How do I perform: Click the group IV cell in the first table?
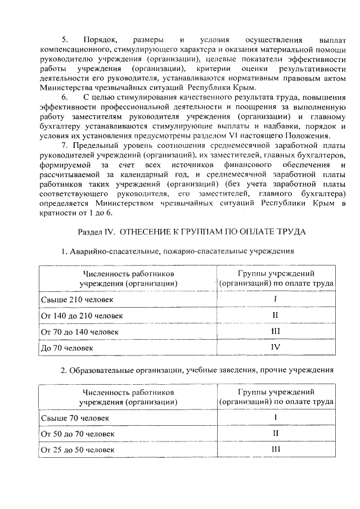pyautogui.click(x=276, y=348)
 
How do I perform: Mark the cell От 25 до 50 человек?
pyautogui.click(x=78, y=451)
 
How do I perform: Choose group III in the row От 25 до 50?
pyautogui.click(x=276, y=450)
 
